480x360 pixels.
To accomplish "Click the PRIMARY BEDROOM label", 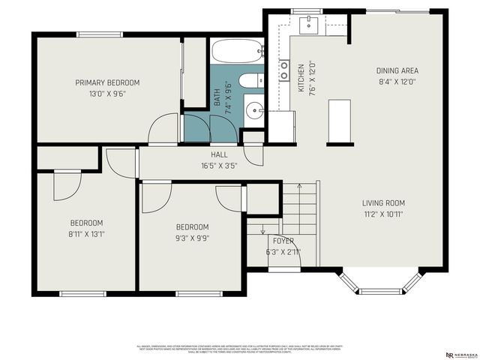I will (106, 82).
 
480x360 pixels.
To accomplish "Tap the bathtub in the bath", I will (237, 52).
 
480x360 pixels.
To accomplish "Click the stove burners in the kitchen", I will (285, 70).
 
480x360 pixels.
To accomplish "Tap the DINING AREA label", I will (396, 70).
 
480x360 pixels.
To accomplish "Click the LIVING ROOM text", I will (383, 202).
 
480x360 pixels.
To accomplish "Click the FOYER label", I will (283, 241).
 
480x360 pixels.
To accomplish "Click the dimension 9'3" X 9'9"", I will (192, 238).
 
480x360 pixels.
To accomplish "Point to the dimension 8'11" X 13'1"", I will (87, 234).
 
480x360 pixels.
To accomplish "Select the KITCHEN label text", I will (301, 77).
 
